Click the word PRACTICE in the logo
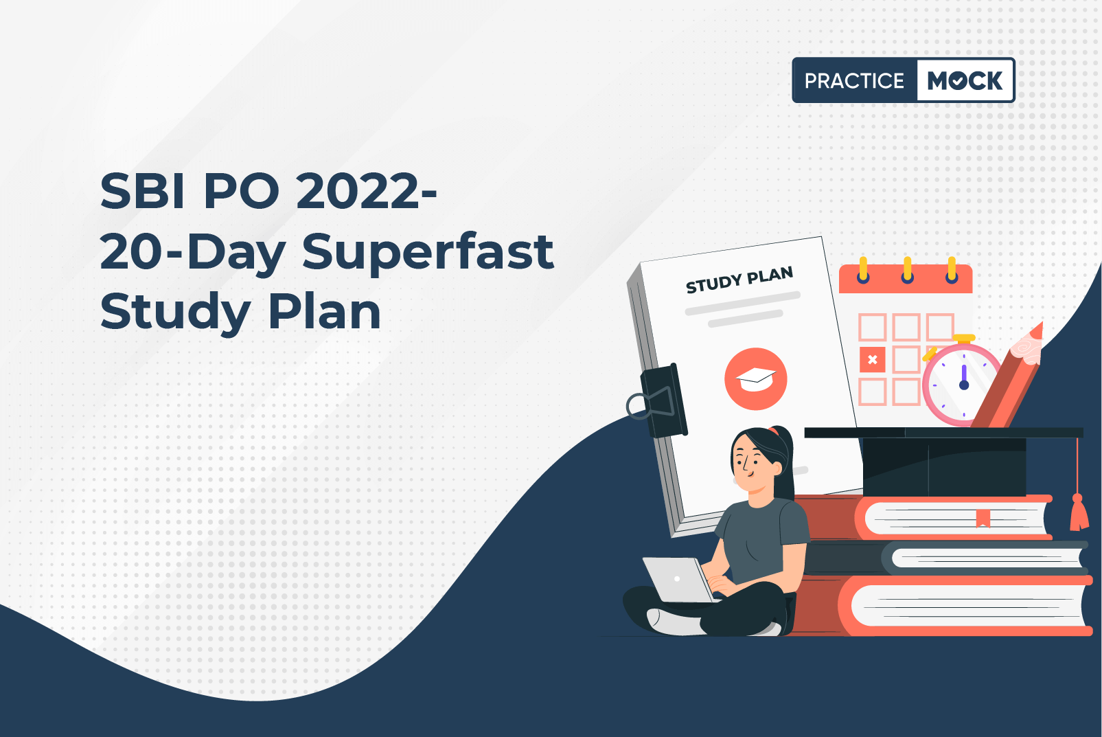pyautogui.click(x=854, y=80)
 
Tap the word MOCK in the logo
pyautogui.click(x=964, y=80)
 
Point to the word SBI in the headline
pyautogui.click(x=143, y=191)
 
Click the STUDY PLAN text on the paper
pyautogui.click(x=739, y=280)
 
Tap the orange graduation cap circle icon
pyautogui.click(x=756, y=379)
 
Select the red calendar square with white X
pyautogui.click(x=872, y=360)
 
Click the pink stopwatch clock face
pyautogui.click(x=963, y=384)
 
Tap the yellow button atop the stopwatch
pyautogui.click(x=964, y=339)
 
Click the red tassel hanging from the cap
pyautogui.click(x=1079, y=512)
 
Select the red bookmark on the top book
pyautogui.click(x=983, y=518)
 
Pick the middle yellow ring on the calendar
pyautogui.click(x=907, y=270)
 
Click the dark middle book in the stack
pyautogui.click(x=945, y=558)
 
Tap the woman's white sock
pyautogui.click(x=675, y=622)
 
